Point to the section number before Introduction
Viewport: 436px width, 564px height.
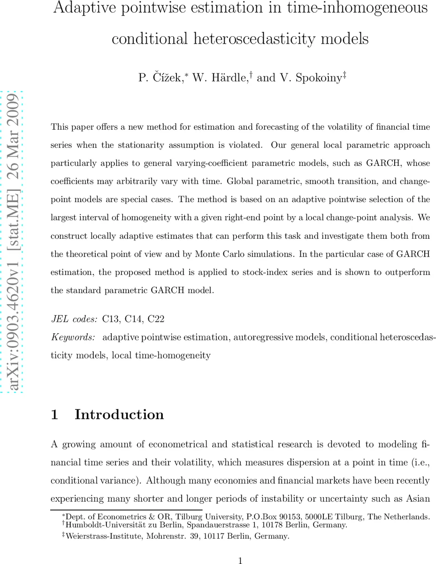pyautogui.click(x=54, y=415)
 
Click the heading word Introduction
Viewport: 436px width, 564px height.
pyautogui.click(x=119, y=415)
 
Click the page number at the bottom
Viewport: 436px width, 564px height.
pyautogui.click(x=240, y=560)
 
